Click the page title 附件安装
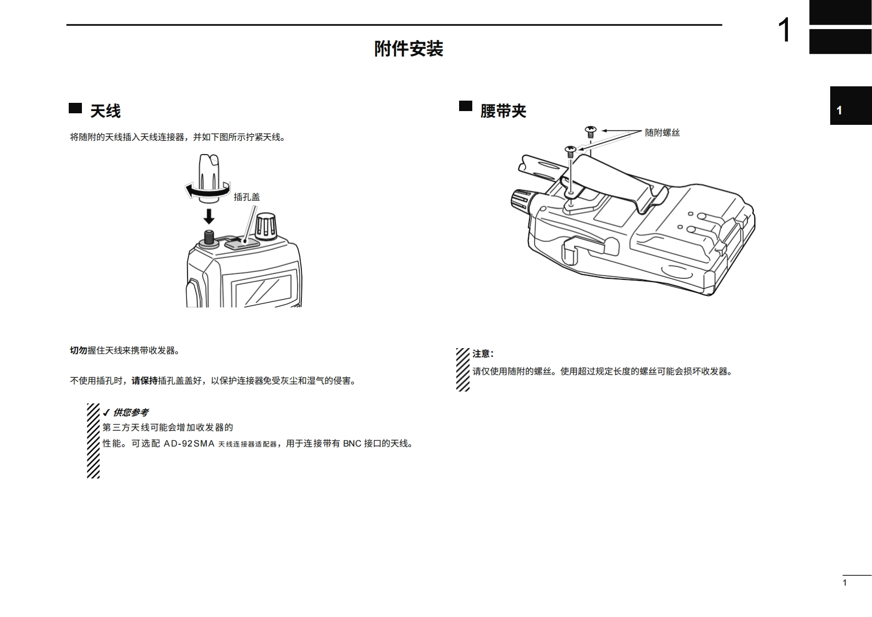(409, 49)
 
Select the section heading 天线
(105, 111)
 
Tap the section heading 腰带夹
(503, 111)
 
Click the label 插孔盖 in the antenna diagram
(246, 197)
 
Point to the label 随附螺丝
(662, 133)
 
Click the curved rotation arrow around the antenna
(207, 191)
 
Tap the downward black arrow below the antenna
(209, 215)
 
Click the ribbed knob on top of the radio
(267, 226)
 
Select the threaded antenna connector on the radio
(209, 238)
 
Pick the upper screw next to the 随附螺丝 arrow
(590, 131)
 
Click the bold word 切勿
(79, 350)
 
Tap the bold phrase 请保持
(145, 381)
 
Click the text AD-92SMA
(189, 444)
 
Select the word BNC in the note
(352, 444)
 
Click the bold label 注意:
(483, 354)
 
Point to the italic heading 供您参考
(130, 412)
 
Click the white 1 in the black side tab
(839, 111)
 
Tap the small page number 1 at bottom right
(845, 583)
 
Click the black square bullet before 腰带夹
(466, 106)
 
